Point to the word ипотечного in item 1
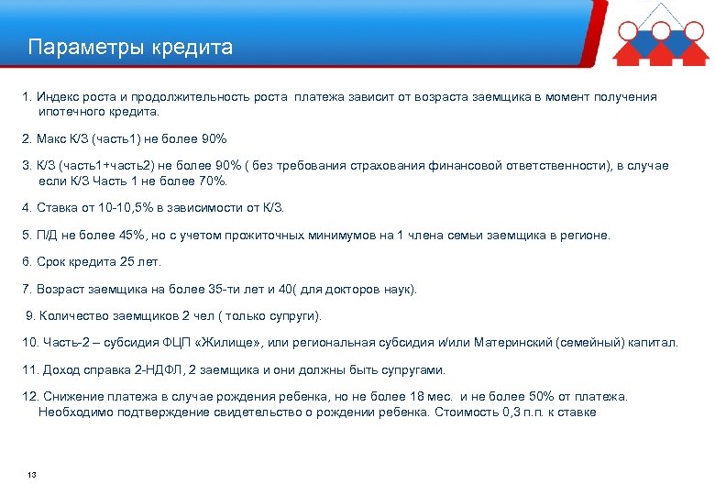73,111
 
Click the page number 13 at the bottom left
32,474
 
